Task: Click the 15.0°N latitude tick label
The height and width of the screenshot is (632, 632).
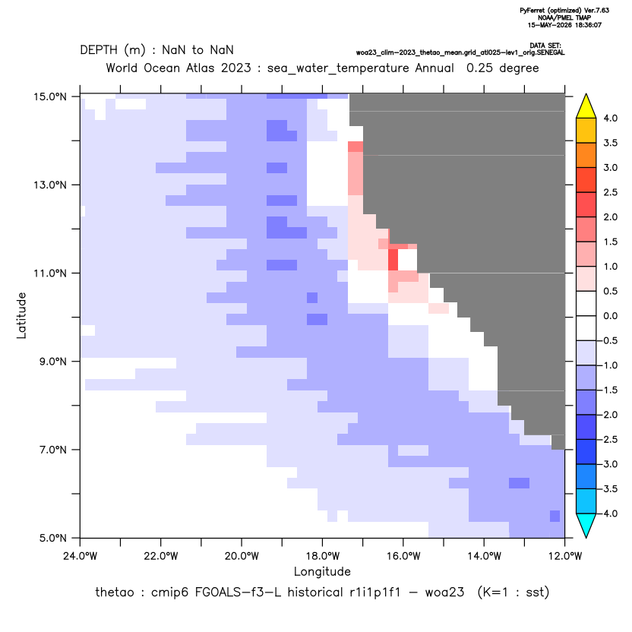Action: (50, 96)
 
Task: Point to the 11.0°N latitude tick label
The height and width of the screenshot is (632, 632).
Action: (50, 273)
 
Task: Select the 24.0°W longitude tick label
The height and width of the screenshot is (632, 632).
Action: (81, 556)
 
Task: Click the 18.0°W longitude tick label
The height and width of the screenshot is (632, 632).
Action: (322, 556)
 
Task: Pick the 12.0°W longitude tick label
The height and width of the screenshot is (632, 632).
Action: (564, 556)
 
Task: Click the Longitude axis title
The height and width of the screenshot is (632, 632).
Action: (322, 571)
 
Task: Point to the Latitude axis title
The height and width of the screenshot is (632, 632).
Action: (21, 315)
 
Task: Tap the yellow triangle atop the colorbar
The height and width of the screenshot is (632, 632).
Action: (586, 106)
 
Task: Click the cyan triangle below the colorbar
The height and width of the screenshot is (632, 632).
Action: (586, 526)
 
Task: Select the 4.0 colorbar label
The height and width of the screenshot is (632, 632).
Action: (610, 118)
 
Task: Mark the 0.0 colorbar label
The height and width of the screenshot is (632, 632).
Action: (610, 315)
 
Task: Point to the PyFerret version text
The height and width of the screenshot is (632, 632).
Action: (564, 11)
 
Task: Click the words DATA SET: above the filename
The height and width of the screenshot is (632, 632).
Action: (545, 46)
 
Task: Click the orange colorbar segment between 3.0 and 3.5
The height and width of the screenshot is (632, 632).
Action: (586, 155)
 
